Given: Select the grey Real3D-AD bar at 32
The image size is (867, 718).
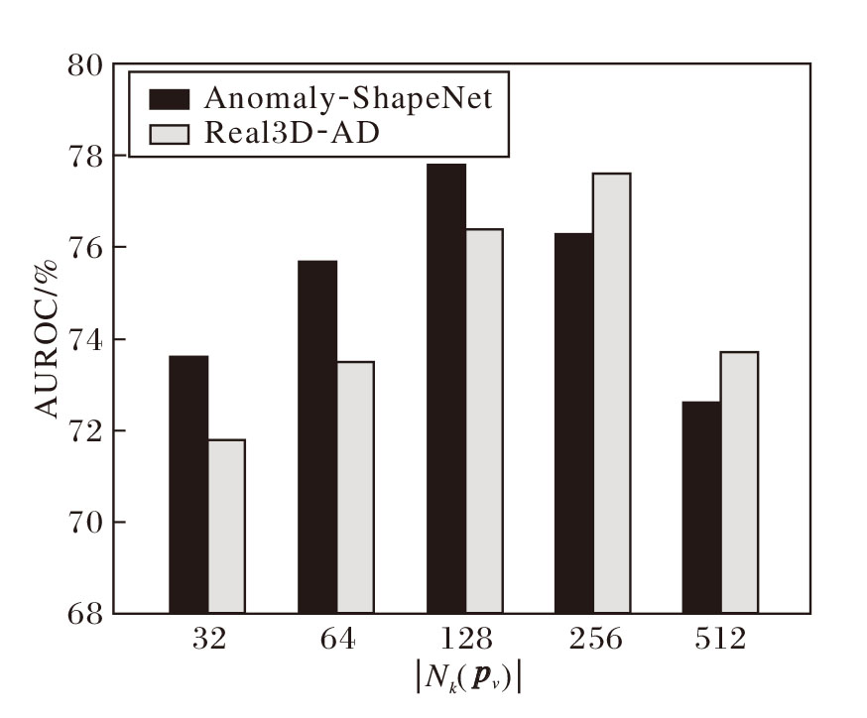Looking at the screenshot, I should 226,526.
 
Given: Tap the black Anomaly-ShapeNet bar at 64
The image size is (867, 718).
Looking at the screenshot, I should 317,436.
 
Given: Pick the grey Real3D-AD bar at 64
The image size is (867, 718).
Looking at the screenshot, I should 355,487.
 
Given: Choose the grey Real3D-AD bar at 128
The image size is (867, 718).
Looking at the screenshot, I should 484,420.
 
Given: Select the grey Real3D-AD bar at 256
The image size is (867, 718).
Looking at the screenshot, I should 612,393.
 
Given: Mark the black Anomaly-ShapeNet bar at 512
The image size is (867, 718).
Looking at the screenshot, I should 701,507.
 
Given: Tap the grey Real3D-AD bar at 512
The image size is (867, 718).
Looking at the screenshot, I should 739,482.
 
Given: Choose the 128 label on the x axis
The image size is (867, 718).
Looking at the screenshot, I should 465,640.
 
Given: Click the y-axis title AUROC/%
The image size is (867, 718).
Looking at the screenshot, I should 50,337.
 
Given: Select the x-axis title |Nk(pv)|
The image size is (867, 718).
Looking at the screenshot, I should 468,677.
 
